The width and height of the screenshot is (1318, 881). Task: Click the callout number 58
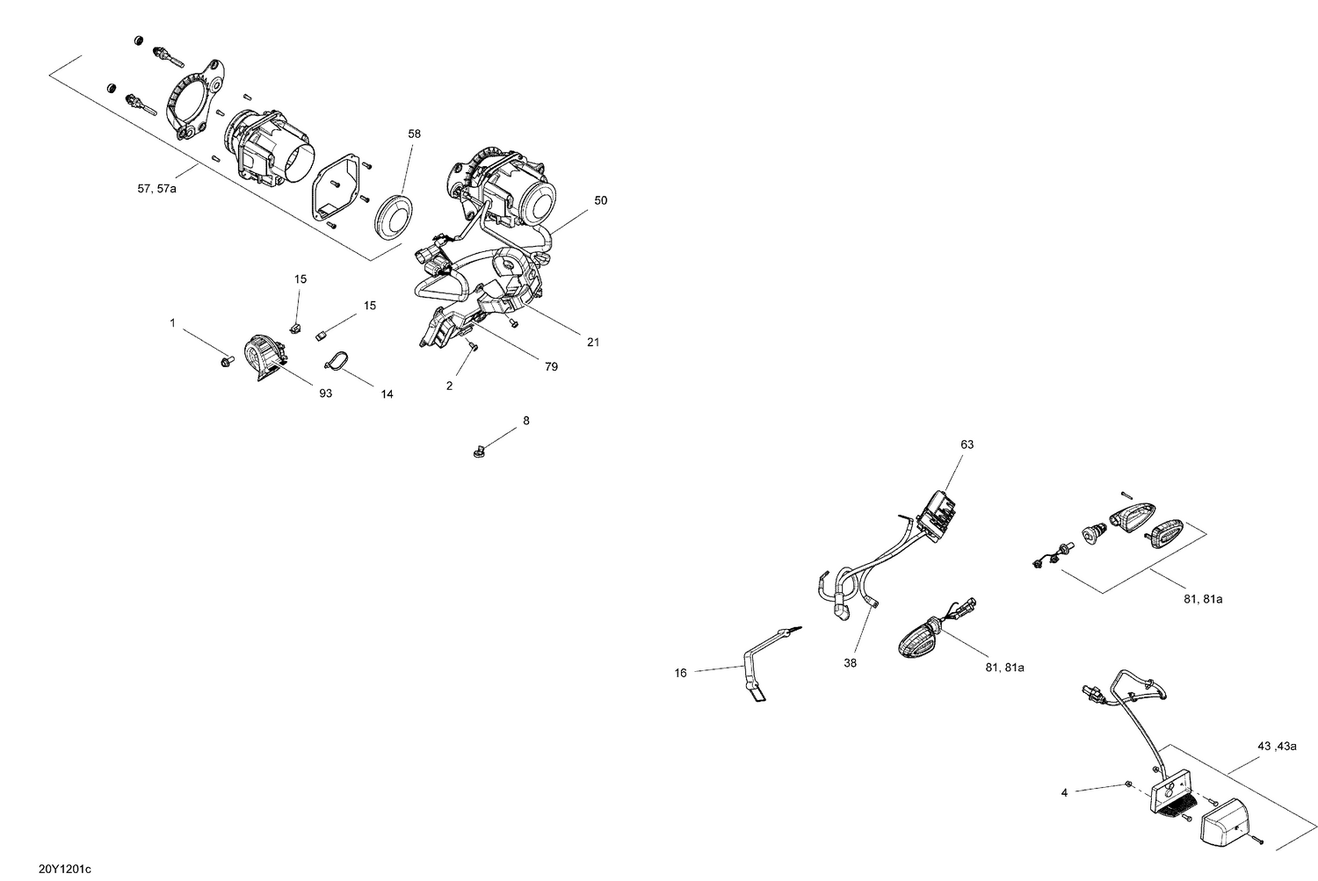[414, 134]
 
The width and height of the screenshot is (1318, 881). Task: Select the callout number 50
[600, 200]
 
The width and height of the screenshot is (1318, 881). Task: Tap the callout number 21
[593, 343]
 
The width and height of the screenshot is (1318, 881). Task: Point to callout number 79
[551, 367]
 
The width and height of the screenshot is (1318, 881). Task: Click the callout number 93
[325, 394]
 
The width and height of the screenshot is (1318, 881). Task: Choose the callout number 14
[387, 394]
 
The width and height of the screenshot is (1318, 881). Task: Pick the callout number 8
[526, 421]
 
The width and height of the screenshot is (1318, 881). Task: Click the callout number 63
[967, 444]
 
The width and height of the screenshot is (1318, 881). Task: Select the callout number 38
[851, 663]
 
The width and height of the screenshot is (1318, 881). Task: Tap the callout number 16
[680, 674]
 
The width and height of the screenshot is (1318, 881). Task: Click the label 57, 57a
[156, 189]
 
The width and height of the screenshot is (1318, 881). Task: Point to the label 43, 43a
[1277, 747]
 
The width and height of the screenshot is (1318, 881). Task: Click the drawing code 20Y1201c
[65, 870]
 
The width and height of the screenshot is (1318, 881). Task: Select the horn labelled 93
[264, 357]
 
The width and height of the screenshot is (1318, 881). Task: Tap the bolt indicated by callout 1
[227, 362]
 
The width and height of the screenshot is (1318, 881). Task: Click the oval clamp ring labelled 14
[337, 361]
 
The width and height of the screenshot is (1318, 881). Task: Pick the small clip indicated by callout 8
[479, 452]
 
